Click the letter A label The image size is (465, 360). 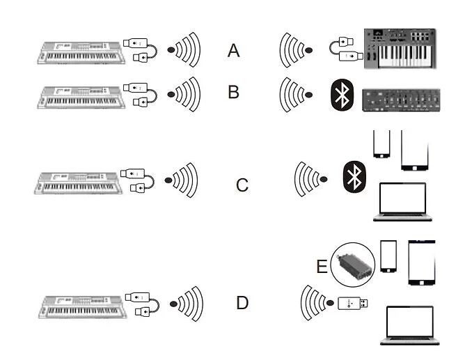click(x=234, y=50)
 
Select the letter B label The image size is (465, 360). click(x=234, y=91)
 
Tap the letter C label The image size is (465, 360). click(x=242, y=185)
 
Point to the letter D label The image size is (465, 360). click(x=242, y=303)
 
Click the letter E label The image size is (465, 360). click(x=322, y=267)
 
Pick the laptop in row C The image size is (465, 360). click(x=402, y=202)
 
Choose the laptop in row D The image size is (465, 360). click(x=410, y=325)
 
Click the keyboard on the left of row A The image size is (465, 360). click(x=81, y=51)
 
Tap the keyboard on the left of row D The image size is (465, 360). click(x=83, y=306)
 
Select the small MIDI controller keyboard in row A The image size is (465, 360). click(x=400, y=48)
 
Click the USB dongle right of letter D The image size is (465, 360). click(x=354, y=303)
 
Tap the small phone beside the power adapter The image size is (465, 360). click(x=388, y=257)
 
